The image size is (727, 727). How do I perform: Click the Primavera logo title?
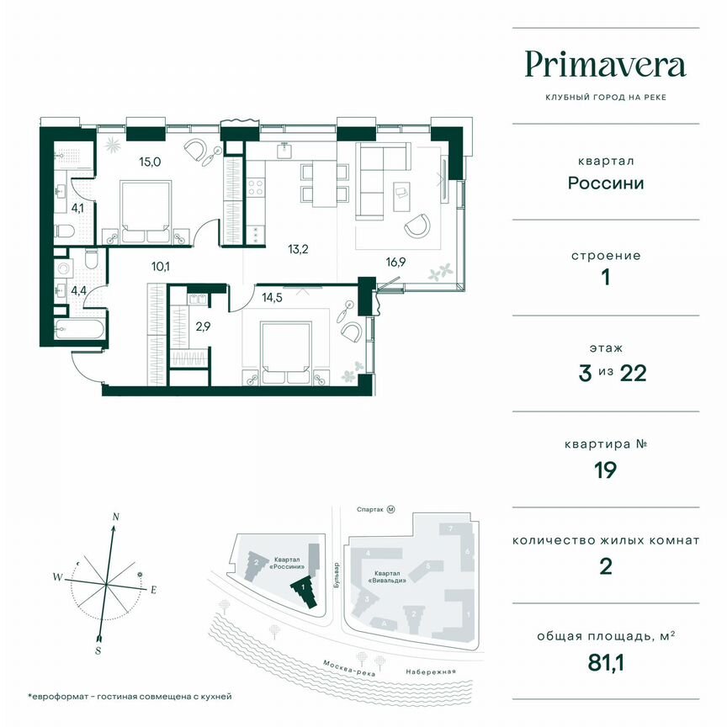click(x=605, y=64)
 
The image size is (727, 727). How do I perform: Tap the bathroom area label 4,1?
click(x=77, y=205)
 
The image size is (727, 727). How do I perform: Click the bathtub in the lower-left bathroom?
click(x=80, y=330)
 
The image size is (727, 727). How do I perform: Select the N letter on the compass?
click(x=116, y=516)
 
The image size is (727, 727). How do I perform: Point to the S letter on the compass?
click(x=98, y=650)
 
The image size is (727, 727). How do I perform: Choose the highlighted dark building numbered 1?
click(x=305, y=592)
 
